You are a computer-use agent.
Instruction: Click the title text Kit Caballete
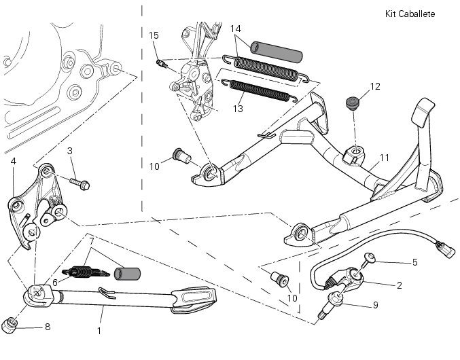click(409, 14)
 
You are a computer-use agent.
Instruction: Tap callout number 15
click(154, 35)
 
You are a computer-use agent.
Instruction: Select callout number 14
click(236, 29)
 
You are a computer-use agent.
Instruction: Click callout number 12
click(375, 86)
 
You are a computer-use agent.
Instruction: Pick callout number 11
click(385, 158)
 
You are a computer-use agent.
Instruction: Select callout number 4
click(13, 161)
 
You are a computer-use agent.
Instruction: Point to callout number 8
click(47, 327)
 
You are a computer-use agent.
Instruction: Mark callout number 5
click(414, 262)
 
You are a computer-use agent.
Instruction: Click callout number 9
click(376, 305)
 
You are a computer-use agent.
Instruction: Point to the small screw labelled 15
click(163, 63)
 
